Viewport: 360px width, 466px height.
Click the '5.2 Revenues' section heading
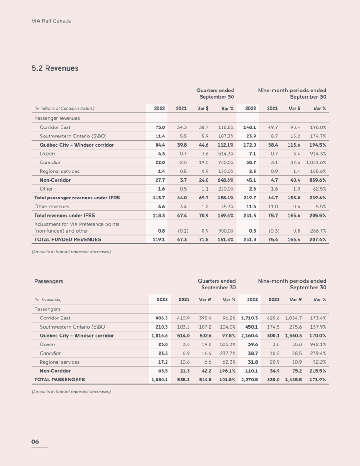pos(55,68)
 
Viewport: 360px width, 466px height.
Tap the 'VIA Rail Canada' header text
pos(51,21)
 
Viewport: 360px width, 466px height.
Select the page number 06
pos(35,441)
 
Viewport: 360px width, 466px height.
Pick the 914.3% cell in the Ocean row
pos(318,154)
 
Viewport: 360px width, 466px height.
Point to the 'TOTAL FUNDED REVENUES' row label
pos(68,239)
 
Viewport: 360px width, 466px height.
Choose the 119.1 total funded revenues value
pos(158,239)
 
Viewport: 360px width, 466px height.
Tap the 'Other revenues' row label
pos(52,207)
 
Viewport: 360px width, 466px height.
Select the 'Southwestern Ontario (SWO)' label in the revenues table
pos(73,136)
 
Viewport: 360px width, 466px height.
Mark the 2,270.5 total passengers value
pos(250,379)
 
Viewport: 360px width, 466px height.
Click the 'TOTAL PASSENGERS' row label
pos(60,379)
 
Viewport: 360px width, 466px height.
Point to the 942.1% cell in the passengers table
pos(318,344)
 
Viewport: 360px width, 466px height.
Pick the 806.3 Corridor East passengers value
pos(159,318)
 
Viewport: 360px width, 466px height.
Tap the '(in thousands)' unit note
pos(48,299)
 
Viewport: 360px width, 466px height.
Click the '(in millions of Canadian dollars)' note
pos(65,108)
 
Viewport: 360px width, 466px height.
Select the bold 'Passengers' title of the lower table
pos(49,281)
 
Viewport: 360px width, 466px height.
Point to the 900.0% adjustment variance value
pos(226,231)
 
